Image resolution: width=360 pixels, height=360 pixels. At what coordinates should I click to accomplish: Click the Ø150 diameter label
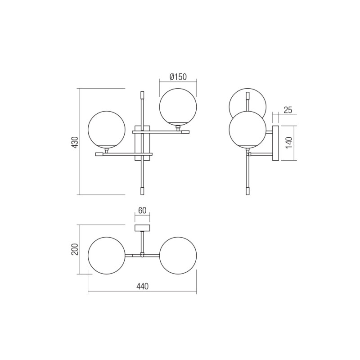(x=178, y=77)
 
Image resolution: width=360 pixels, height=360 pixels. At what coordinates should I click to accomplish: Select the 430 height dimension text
(x=75, y=142)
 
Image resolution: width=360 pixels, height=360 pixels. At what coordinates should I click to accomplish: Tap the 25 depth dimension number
(x=288, y=110)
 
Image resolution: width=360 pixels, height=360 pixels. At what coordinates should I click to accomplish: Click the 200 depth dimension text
(x=75, y=249)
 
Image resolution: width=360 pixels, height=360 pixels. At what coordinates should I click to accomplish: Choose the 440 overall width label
(x=142, y=286)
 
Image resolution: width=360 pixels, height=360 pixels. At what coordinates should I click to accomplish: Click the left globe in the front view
(x=105, y=130)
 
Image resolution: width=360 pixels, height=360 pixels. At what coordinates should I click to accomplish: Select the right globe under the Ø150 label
(x=178, y=106)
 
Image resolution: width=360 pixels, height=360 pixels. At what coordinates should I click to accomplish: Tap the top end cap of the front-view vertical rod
(x=143, y=95)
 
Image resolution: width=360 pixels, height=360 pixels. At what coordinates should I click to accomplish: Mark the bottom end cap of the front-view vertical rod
(x=143, y=190)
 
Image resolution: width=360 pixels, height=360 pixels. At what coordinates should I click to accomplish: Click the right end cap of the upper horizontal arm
(x=185, y=132)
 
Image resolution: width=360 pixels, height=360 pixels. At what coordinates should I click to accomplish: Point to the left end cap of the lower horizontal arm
(x=99, y=154)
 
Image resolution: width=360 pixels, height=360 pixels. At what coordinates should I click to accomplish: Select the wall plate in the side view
(x=275, y=143)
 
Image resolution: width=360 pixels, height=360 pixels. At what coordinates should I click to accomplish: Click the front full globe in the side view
(x=247, y=129)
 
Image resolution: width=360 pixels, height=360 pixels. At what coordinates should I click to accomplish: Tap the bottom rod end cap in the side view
(x=247, y=191)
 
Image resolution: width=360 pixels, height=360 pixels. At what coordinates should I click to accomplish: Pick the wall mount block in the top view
(x=142, y=228)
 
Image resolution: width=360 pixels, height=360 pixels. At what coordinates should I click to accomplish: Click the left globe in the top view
(x=106, y=255)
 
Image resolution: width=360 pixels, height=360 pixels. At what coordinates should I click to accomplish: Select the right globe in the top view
(x=178, y=255)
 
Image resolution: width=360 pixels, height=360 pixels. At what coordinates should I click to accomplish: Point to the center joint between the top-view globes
(x=142, y=255)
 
